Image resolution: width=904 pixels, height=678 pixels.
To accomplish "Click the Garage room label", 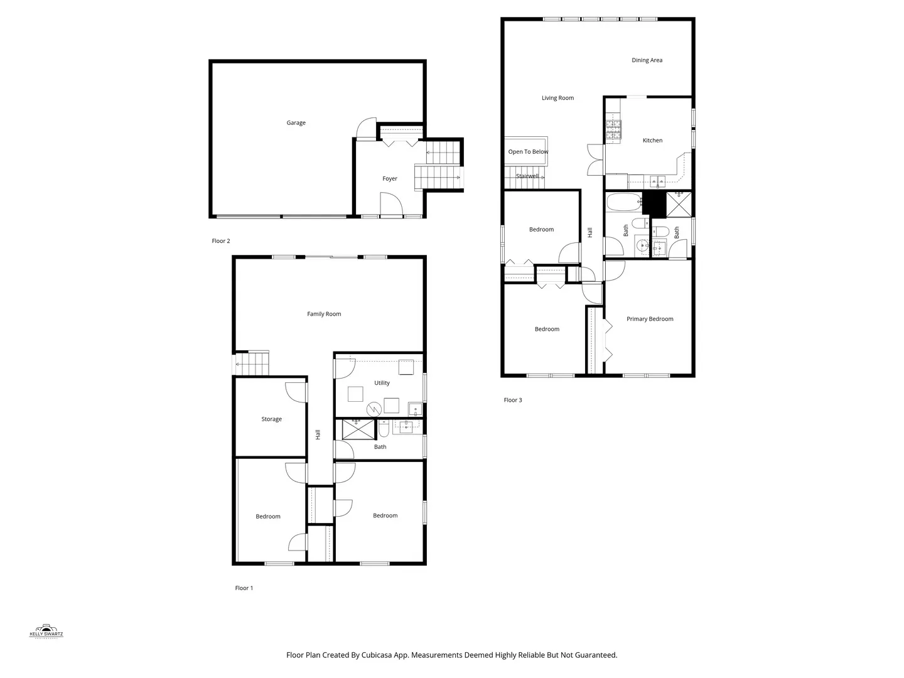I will click(296, 123).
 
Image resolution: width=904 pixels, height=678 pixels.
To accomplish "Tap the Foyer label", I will click(390, 179).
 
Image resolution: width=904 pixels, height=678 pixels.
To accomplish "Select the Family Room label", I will click(324, 314).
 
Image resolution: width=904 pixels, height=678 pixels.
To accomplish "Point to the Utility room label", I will click(382, 383).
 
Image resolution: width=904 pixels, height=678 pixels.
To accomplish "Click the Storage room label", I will click(271, 419).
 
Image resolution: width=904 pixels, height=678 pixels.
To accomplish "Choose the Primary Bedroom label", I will click(650, 319).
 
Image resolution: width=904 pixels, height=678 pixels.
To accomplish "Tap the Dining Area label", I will click(647, 60).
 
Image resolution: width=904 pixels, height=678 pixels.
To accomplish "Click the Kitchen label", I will click(652, 141).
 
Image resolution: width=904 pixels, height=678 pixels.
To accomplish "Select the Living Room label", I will click(557, 98).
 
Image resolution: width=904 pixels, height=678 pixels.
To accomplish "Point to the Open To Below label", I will click(528, 152).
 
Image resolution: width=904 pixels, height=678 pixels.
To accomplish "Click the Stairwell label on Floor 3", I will click(527, 176).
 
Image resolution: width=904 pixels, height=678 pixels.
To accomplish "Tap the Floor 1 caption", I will click(244, 588).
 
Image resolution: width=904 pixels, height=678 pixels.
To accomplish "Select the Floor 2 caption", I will click(221, 241).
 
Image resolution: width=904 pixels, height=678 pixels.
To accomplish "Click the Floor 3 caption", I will click(513, 400).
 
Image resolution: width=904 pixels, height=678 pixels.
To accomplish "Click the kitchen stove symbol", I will click(613, 129).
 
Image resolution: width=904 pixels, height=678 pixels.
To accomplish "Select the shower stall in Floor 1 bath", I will click(358, 429).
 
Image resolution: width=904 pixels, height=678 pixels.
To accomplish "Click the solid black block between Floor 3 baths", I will click(654, 203).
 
